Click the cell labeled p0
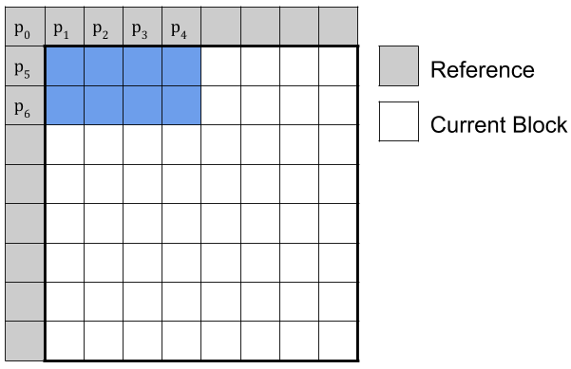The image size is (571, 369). (x=25, y=27)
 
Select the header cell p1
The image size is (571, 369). (x=65, y=27)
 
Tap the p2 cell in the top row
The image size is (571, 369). (x=104, y=27)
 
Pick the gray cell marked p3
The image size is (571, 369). (x=143, y=27)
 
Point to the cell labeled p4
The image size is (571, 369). (x=181, y=27)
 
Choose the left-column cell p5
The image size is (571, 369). (x=25, y=66)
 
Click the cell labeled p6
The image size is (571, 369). (x=25, y=105)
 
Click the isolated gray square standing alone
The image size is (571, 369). (x=399, y=66)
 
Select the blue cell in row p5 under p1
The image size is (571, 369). (x=65, y=66)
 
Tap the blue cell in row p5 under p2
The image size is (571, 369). (x=104, y=66)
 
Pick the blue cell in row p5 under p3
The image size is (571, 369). (x=143, y=66)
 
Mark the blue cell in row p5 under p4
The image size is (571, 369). (x=181, y=66)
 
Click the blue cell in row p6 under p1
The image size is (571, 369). (x=65, y=105)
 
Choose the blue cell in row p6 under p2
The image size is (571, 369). (x=104, y=105)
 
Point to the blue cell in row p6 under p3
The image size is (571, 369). (x=143, y=105)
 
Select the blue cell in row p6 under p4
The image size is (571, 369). (x=181, y=105)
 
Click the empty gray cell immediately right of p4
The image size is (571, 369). (x=220, y=27)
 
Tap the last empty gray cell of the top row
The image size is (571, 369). (x=338, y=27)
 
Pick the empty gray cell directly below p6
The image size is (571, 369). (x=25, y=144)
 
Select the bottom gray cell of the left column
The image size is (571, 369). (x=25, y=341)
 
